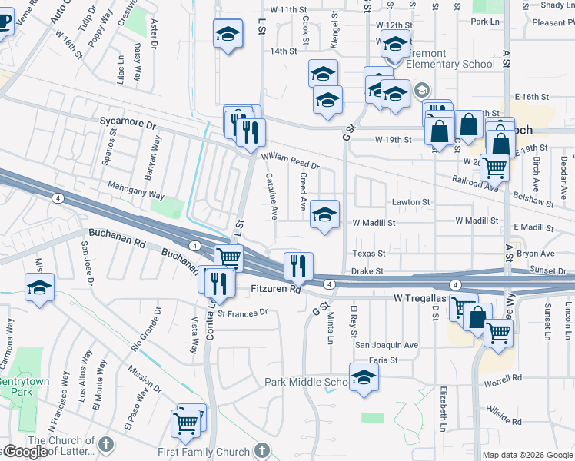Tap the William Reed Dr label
click(290, 161)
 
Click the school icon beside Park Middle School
click(364, 377)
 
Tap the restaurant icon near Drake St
click(298, 265)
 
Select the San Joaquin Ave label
click(386, 345)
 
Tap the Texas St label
click(368, 253)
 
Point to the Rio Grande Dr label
click(145, 330)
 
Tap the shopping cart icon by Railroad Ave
click(494, 166)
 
